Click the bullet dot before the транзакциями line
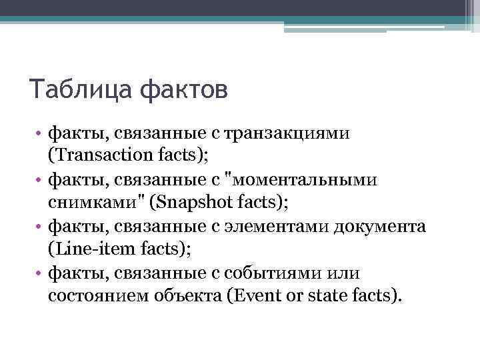(40, 133)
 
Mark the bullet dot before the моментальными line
(40, 179)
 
